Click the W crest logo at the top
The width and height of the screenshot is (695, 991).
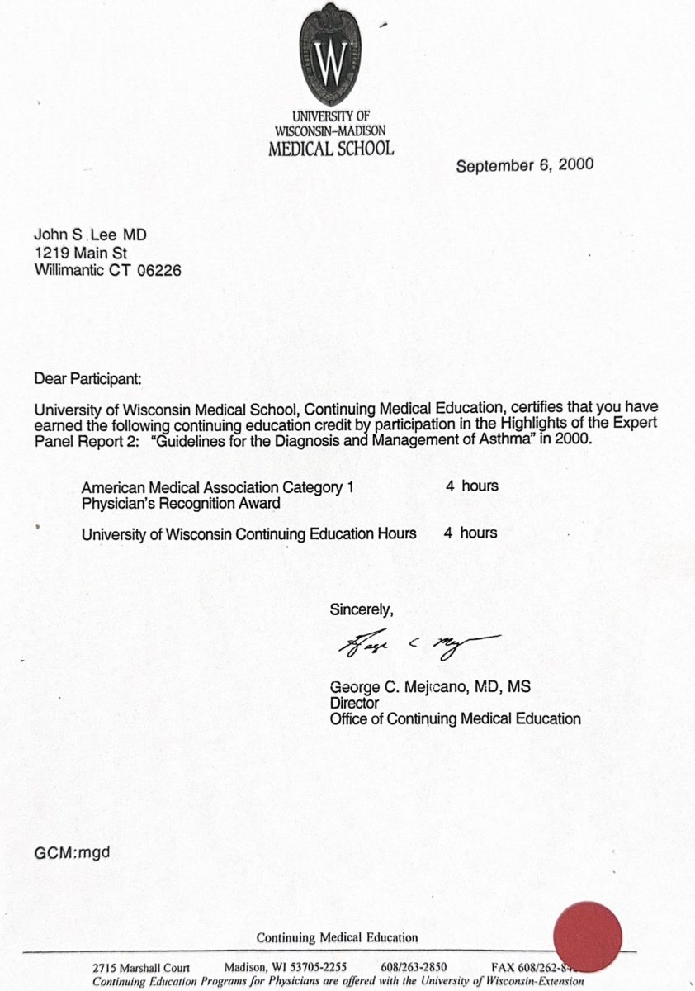[331, 57]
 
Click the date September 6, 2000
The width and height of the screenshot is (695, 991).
[524, 164]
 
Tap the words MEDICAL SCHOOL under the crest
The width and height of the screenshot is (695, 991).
[331, 149]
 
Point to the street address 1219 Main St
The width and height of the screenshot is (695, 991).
[81, 253]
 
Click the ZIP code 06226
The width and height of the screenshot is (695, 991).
[160, 270]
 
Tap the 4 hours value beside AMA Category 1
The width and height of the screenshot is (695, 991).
[472, 486]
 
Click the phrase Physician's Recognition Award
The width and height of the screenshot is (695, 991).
[181, 502]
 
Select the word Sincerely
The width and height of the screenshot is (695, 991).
[362, 610]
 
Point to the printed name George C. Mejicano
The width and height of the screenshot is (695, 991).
[395, 687]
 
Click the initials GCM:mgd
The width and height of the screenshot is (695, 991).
[72, 851]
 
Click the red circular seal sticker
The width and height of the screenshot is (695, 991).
[587, 936]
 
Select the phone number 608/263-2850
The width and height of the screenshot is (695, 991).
[414, 968]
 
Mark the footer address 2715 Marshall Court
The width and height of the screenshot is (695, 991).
[141, 968]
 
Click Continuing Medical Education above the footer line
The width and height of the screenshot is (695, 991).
[337, 937]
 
